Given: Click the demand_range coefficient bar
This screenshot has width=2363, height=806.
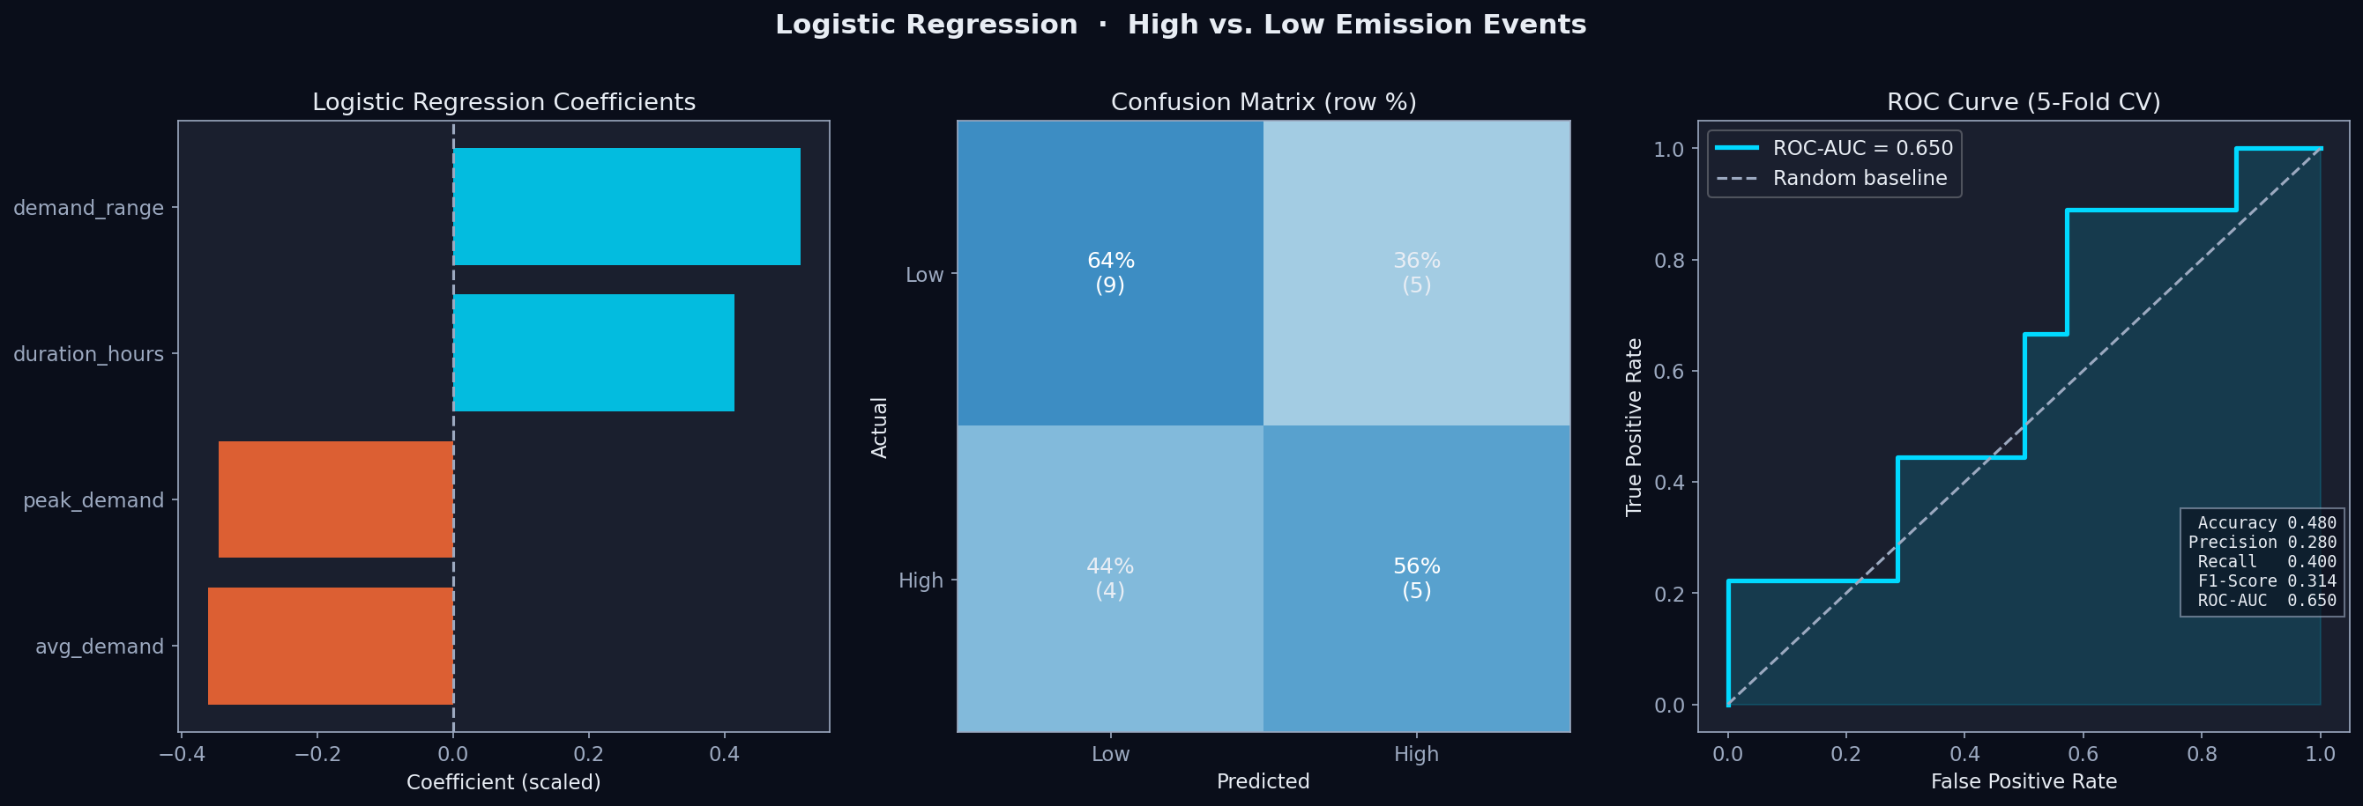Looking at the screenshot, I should tap(626, 206).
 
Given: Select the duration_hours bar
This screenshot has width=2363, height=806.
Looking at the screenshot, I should tap(593, 353).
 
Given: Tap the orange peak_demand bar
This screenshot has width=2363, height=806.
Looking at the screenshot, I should tap(336, 499).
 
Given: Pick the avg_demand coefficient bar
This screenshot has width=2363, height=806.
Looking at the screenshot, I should tap(331, 647).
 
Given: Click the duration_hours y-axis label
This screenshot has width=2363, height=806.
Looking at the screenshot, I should tap(88, 354).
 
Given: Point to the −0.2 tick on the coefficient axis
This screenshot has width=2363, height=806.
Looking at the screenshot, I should tap(317, 755).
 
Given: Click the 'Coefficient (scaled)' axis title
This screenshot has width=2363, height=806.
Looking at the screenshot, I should tap(503, 782).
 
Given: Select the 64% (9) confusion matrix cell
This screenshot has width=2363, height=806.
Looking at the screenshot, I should tap(1110, 272).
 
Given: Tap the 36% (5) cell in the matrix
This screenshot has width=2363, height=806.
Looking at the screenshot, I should tap(1416, 272).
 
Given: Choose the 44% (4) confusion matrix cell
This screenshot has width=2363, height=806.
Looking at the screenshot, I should tap(1110, 579).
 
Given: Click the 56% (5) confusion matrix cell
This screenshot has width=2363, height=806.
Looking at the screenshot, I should tap(1416, 579).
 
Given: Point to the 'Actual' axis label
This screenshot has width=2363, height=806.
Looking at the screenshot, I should tap(880, 427).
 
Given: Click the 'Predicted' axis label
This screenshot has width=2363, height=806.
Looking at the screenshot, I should tap(1263, 781).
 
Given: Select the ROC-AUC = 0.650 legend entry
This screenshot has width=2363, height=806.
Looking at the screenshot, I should tap(1862, 148).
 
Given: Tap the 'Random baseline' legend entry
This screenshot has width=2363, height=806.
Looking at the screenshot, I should tap(1860, 178).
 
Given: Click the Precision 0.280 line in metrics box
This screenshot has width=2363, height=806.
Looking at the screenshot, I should tap(2262, 542).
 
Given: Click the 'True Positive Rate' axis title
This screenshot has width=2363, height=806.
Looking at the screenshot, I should tap(1634, 427).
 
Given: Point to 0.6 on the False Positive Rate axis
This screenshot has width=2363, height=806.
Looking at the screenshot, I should tap(2083, 755).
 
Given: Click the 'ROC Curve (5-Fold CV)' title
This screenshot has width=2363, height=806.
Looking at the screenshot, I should tap(2024, 102).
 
